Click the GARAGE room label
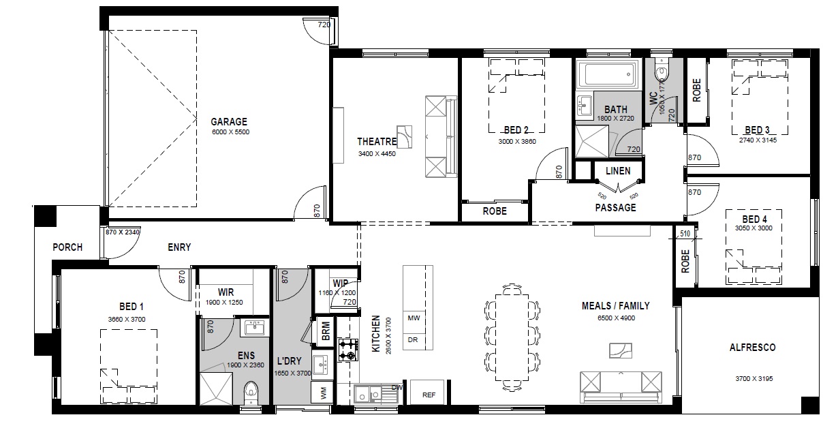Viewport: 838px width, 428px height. pyautogui.click(x=229, y=121)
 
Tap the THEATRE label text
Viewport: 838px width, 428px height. pyautogui.click(x=377, y=142)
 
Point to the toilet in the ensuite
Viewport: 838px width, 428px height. pyautogui.click(x=251, y=393)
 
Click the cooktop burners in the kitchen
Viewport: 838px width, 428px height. pyautogui.click(x=348, y=350)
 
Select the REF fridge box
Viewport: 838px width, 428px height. pyautogui.click(x=429, y=393)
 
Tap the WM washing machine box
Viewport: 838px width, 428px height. pyautogui.click(x=322, y=393)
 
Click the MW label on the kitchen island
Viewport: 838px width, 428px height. pyautogui.click(x=414, y=318)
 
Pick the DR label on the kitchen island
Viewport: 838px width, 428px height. pyautogui.click(x=413, y=339)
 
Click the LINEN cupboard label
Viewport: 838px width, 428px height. pyautogui.click(x=618, y=171)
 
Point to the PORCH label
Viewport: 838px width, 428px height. pyautogui.click(x=67, y=247)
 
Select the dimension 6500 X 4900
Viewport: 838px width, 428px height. pyautogui.click(x=616, y=318)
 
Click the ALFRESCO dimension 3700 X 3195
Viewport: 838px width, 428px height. pyautogui.click(x=754, y=379)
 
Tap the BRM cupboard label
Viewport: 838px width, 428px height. pyautogui.click(x=326, y=331)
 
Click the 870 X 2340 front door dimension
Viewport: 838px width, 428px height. pyautogui.click(x=123, y=232)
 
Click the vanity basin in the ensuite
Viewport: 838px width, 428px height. pyautogui.click(x=255, y=328)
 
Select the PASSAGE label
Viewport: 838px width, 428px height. pyautogui.click(x=615, y=208)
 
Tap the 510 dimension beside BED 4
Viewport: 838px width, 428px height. pyautogui.click(x=685, y=234)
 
